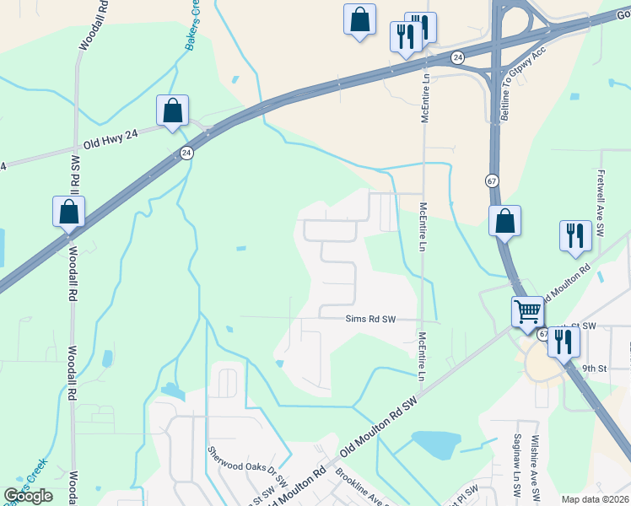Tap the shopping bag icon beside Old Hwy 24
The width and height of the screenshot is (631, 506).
[172, 110]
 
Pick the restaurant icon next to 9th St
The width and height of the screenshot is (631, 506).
[564, 342]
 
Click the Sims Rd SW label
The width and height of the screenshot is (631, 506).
[370, 319]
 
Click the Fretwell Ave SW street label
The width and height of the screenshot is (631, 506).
[601, 189]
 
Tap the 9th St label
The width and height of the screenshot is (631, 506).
[594, 369]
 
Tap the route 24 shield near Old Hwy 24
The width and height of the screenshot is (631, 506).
[186, 153]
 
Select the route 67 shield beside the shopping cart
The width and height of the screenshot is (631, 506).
[543, 335]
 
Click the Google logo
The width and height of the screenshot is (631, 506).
[28, 496]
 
